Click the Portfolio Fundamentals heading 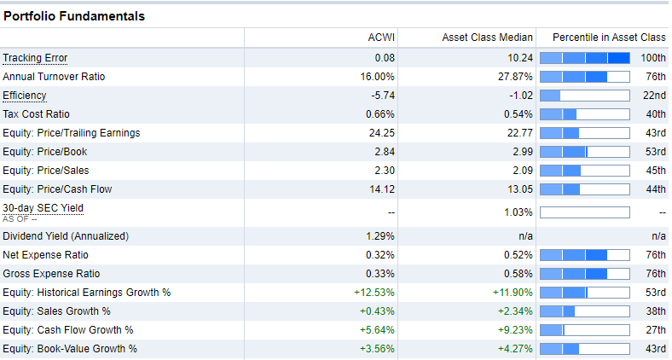74,16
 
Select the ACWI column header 380,38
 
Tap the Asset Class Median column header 487,38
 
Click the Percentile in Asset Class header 608,38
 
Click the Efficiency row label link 25,96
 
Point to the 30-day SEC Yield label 43,207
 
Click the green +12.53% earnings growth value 375,293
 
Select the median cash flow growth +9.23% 515,330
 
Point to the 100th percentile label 653,58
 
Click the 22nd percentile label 655,96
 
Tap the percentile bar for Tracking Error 585,58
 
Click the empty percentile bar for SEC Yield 585,212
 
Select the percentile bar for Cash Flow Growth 585,330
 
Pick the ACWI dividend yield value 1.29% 380,236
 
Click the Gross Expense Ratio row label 51,274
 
